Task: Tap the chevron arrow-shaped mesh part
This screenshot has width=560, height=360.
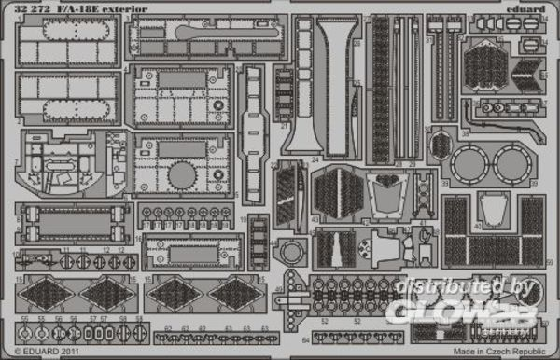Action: [x=529, y=68]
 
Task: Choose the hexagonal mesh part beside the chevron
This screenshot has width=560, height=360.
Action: [x=483, y=65]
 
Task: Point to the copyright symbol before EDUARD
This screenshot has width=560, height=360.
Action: [x=8, y=351]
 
